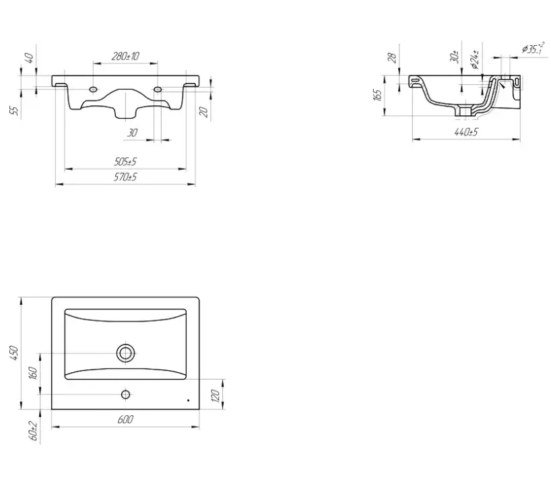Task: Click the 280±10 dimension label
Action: coord(125,56)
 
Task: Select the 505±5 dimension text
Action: coord(125,162)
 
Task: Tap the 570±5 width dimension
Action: coord(125,177)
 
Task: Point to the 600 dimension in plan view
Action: coord(125,419)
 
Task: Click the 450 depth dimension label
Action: coord(14,353)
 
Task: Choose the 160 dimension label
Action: coord(33,373)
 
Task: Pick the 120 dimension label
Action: coord(216,395)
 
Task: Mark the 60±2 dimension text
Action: coord(34,431)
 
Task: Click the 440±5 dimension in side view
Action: coord(466,132)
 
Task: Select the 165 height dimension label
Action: coord(378,95)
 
